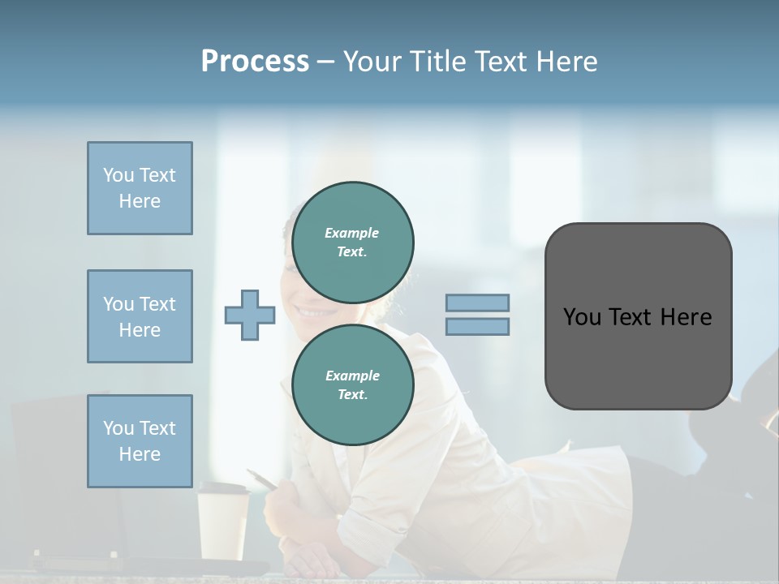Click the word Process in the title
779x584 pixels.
255,62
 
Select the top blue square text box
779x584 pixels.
140,188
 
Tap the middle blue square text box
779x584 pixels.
140,316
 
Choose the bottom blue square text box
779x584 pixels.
140,440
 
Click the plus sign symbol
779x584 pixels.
249,315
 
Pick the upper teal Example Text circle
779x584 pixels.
352,243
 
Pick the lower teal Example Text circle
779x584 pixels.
352,385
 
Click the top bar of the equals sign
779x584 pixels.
477,303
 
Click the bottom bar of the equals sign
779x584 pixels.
477,326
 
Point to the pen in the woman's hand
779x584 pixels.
262,479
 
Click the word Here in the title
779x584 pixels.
565,62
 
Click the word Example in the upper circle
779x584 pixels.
351,233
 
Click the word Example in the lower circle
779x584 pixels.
352,376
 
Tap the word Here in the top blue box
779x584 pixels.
140,201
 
